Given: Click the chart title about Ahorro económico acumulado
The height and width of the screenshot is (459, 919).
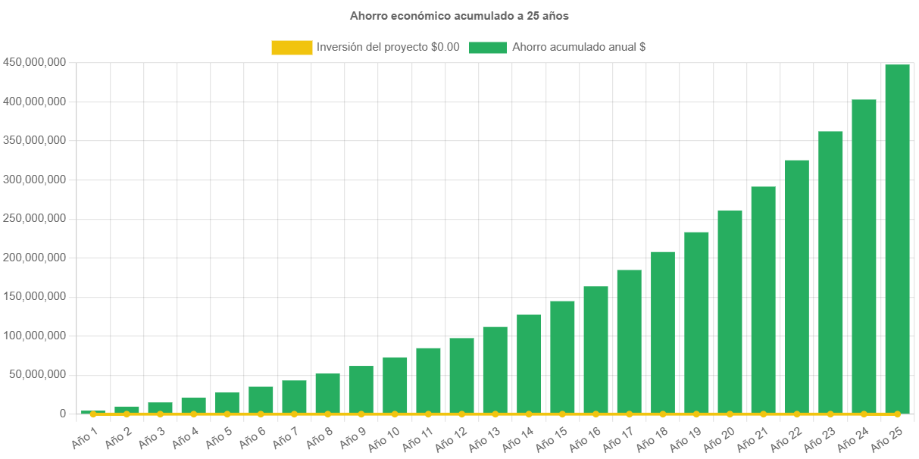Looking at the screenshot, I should (x=459, y=15).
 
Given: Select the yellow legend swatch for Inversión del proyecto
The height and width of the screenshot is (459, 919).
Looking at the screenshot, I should (x=292, y=47).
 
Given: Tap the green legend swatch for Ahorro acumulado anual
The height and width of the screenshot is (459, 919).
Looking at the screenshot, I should (x=487, y=47).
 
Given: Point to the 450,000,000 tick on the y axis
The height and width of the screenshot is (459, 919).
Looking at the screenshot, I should (x=35, y=62).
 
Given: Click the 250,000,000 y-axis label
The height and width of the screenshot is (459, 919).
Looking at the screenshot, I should (x=35, y=218).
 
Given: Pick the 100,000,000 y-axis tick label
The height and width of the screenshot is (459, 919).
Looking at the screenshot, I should (x=35, y=336).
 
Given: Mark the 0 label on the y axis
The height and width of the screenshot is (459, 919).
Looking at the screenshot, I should (x=63, y=414).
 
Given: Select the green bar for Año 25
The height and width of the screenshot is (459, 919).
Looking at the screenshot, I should (x=897, y=239).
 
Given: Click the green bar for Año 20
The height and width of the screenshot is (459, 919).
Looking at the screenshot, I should (x=730, y=311).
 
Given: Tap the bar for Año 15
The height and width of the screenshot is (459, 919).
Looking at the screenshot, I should (x=562, y=357).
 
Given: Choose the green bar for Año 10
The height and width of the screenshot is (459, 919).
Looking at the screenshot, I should (x=395, y=385).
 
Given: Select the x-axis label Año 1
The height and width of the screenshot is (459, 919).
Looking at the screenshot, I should (x=85, y=438).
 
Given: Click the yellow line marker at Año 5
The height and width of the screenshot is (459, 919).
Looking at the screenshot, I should (x=227, y=414).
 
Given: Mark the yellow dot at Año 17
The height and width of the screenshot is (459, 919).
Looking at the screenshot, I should (x=629, y=414).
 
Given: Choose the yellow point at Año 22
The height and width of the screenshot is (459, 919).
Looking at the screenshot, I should (x=796, y=414).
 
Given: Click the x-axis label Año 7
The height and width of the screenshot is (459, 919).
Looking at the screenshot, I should (x=286, y=438).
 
